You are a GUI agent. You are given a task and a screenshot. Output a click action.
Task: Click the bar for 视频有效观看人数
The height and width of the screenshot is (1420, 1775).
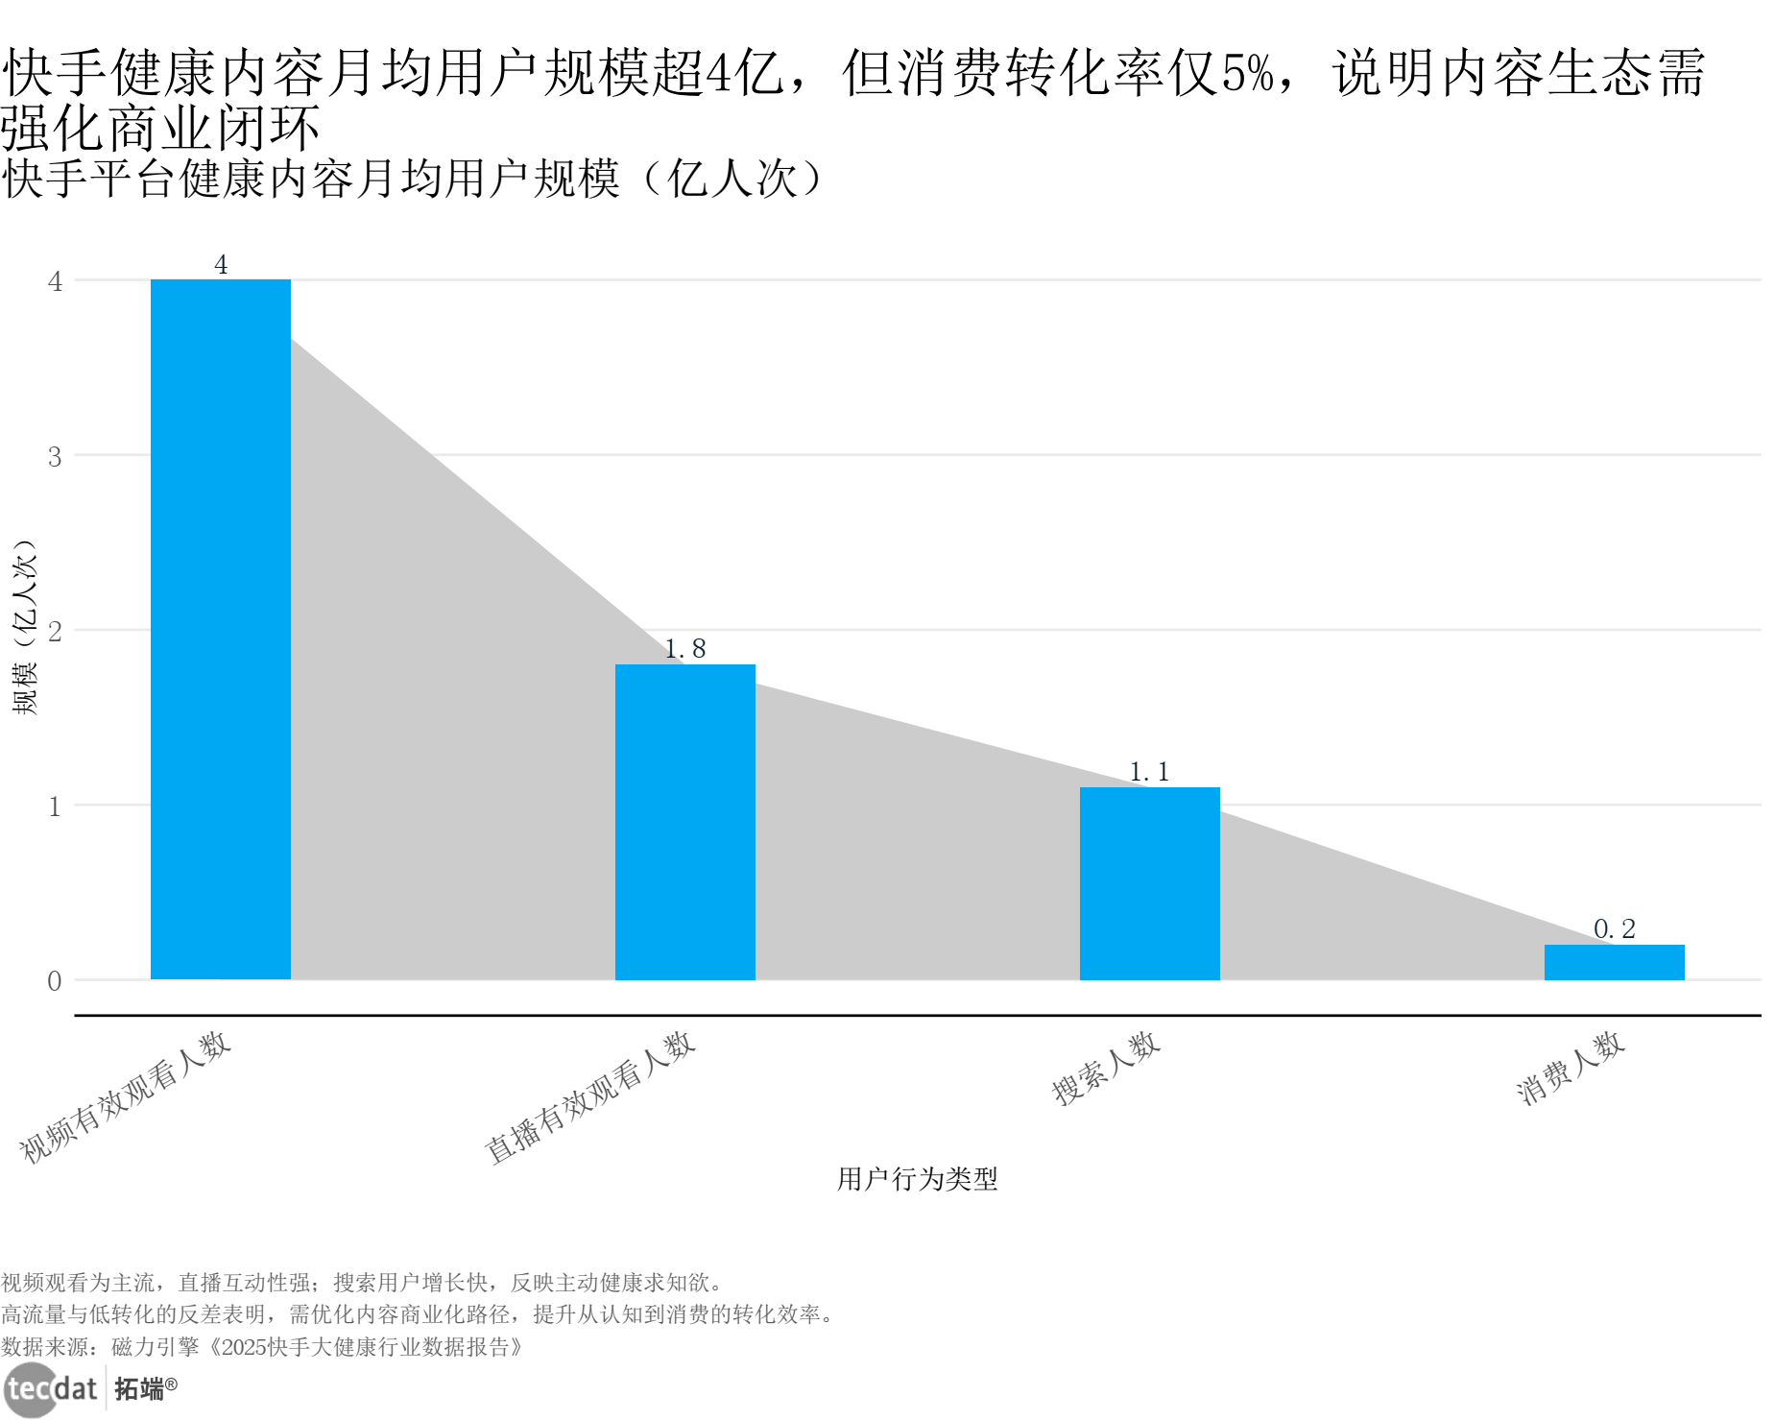[x=221, y=629]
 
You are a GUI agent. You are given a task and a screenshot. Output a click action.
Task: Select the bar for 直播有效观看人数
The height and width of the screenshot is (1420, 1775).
[x=684, y=822]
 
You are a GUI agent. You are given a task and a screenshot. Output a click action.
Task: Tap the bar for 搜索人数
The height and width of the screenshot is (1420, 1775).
[x=1149, y=883]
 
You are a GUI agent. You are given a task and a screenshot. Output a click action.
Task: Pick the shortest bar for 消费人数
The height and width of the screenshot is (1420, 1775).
[x=1614, y=962]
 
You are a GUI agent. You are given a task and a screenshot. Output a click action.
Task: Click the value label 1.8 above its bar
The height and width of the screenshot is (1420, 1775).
[x=684, y=649]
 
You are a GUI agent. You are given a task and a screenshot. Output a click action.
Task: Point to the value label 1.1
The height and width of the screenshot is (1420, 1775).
[x=1149, y=772]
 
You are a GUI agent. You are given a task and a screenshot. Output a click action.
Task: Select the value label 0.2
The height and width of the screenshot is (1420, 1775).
[x=1614, y=929]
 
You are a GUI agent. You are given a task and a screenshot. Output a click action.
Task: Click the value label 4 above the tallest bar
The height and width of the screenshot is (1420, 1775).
[x=221, y=264]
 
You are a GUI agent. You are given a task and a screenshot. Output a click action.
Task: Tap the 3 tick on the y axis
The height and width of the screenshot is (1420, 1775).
[x=55, y=457]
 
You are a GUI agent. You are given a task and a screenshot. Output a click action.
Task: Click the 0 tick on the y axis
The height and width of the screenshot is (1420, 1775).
[x=55, y=981]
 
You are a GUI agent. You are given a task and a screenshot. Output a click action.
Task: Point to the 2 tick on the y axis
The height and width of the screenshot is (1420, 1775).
[x=55, y=632]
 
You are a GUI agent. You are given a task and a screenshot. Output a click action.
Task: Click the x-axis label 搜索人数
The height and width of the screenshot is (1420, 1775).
[x=1106, y=1069]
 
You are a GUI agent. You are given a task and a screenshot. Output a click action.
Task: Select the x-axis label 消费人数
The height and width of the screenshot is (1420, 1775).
[x=1571, y=1069]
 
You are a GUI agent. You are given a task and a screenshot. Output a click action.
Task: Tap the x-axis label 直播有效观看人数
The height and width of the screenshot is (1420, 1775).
[x=589, y=1097]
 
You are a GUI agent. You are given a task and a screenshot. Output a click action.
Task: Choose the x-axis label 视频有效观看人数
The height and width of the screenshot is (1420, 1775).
[x=125, y=1097]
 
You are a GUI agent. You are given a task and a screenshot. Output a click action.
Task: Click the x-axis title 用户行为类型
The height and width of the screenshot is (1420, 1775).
[x=917, y=1179]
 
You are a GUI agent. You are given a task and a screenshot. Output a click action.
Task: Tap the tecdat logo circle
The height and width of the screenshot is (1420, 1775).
[x=31, y=1389]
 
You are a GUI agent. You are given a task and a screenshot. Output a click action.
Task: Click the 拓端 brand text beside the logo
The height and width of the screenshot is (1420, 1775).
[x=140, y=1388]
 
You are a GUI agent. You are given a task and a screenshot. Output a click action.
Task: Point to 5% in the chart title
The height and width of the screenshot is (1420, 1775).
[x=1248, y=73]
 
